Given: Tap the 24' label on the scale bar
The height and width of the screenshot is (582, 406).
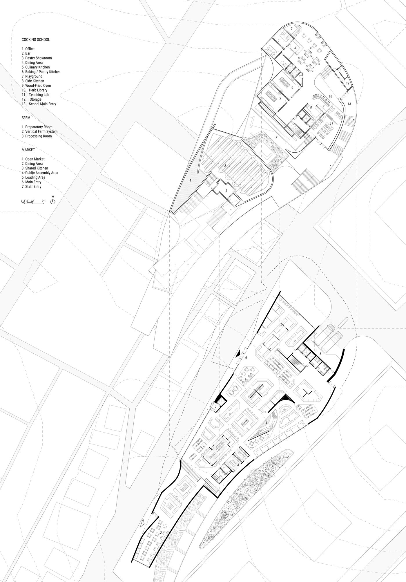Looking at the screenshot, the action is click(43, 201).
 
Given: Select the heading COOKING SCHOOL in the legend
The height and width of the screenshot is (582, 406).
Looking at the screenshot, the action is click(36, 40).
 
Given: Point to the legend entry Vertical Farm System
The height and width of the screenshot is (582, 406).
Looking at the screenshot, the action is click(39, 131).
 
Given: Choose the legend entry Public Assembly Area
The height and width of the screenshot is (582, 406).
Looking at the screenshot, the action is click(40, 173).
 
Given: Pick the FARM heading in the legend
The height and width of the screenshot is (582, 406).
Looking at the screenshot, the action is click(26, 118).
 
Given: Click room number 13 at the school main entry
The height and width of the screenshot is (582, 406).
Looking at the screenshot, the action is click(349, 104).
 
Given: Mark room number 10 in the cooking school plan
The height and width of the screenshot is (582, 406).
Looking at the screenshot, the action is click(330, 96).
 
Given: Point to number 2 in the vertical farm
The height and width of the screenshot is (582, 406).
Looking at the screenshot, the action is click(225, 166).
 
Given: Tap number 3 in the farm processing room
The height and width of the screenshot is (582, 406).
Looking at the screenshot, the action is click(226, 191).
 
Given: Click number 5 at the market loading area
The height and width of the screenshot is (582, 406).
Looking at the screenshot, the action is click(320, 354).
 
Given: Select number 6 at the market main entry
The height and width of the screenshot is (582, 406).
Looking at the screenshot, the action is click(246, 358).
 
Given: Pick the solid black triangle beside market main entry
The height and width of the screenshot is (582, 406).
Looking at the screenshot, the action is click(238, 354).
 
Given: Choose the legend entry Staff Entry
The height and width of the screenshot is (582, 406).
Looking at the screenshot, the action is click(31, 187).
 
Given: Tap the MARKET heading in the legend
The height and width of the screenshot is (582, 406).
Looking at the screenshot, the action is click(28, 150).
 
